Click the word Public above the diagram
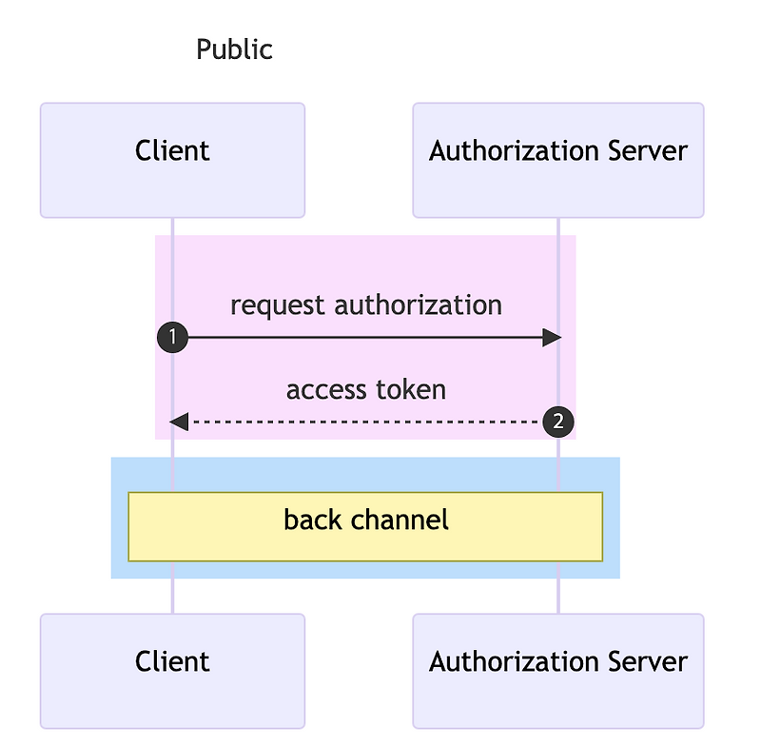coord(234,49)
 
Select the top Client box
coord(172,160)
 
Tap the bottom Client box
coord(172,671)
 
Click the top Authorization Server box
coord(557,160)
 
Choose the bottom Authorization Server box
coord(557,671)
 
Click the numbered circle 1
coord(172,338)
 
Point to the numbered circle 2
coord(558,421)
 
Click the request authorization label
coord(366,305)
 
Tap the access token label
coord(366,390)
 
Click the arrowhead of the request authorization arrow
coord(552,338)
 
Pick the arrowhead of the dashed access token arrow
coord(179,421)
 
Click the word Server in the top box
coord(646,151)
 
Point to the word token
coord(410,390)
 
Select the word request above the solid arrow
coord(279,305)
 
